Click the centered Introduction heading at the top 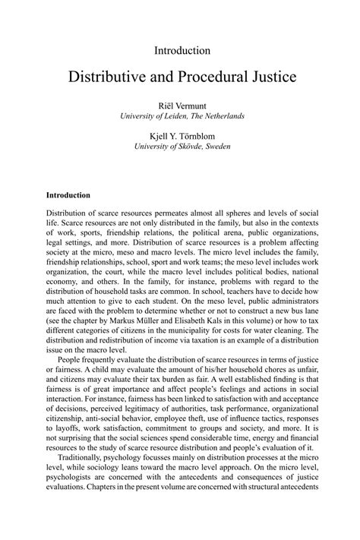(x=182, y=50)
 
